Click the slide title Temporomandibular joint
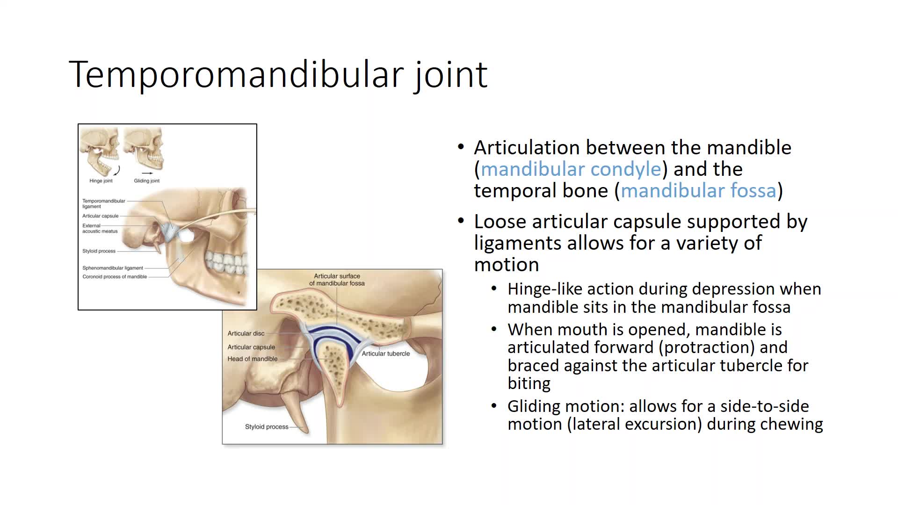(x=278, y=74)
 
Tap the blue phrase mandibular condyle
(x=571, y=169)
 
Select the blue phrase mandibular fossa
(x=698, y=190)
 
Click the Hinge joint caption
(x=101, y=181)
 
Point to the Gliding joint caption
(x=147, y=181)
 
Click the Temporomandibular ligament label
(x=104, y=203)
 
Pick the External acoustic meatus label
(x=100, y=228)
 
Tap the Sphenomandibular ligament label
(x=113, y=268)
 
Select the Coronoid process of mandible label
(x=115, y=277)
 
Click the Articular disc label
(x=246, y=333)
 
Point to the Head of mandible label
(x=253, y=359)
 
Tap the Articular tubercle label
(x=386, y=353)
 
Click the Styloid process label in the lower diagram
(x=267, y=426)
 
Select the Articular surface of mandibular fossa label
(x=337, y=280)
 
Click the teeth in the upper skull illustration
(x=228, y=262)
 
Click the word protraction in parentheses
(x=709, y=347)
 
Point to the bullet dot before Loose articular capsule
(x=461, y=221)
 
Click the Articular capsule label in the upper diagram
(x=101, y=216)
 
